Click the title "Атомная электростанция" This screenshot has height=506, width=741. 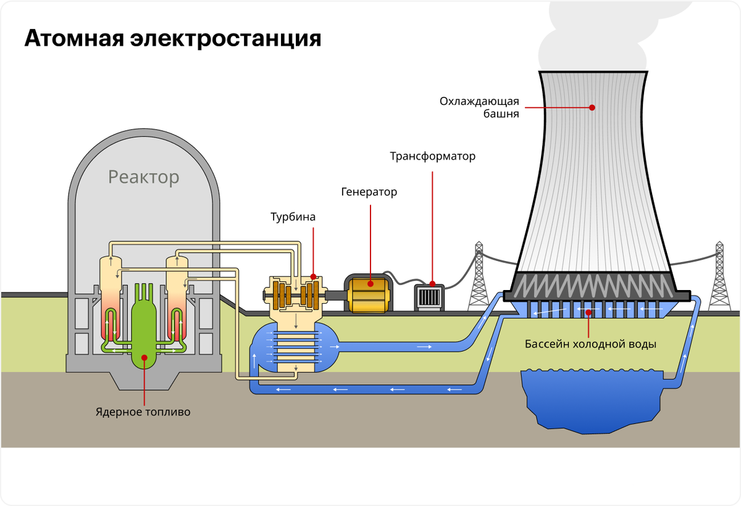[173, 38]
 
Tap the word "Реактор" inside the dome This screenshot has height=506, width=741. [143, 178]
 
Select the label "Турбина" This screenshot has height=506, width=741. [293, 217]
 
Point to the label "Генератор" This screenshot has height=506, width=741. [369, 192]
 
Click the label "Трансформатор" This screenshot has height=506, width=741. [432, 156]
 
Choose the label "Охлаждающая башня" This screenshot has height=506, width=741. [479, 107]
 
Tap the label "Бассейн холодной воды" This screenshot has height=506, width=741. [590, 344]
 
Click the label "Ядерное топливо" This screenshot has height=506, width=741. [143, 412]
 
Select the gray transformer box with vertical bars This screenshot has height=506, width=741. [429, 296]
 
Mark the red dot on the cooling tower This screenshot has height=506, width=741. [592, 107]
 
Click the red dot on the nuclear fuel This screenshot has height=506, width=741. [144, 357]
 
